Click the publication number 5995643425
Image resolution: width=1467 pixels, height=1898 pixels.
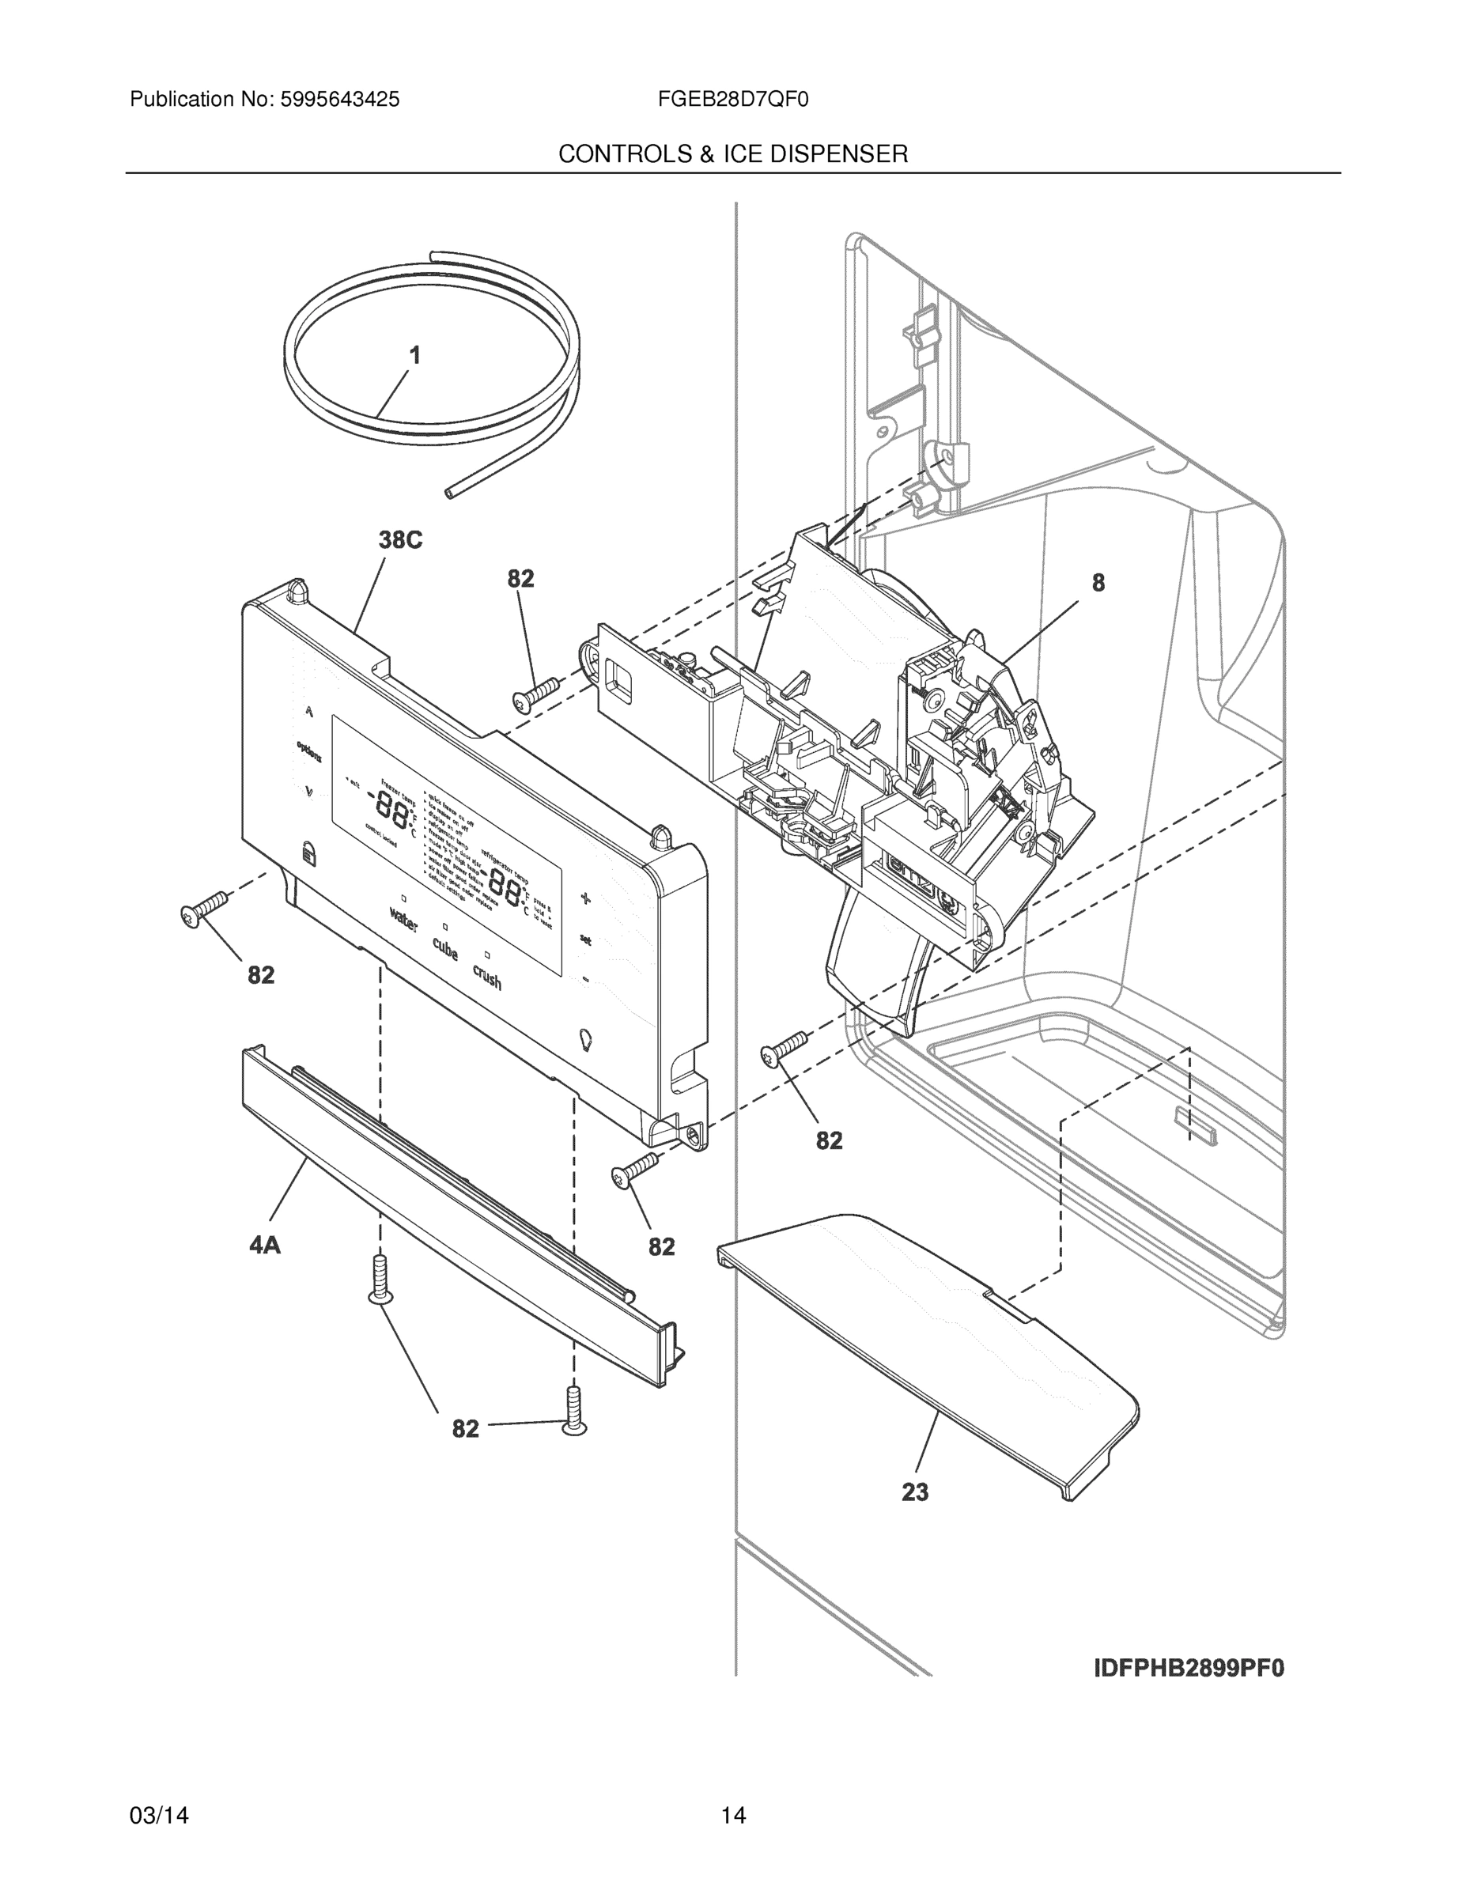tap(339, 100)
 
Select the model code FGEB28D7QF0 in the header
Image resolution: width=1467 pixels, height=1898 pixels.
tap(732, 100)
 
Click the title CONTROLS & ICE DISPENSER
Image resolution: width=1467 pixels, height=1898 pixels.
tap(732, 155)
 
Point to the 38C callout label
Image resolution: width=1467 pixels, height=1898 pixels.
tap(400, 541)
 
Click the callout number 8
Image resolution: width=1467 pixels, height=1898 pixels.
tap(1098, 583)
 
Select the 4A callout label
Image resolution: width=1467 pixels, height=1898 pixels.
tap(265, 1246)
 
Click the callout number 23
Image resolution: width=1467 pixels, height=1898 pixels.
tap(914, 1492)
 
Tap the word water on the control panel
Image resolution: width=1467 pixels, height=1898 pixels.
tap(404, 920)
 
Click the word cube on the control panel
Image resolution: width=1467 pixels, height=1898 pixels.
tap(444, 950)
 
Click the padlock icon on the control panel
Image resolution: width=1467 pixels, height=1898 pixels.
tap(309, 853)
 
